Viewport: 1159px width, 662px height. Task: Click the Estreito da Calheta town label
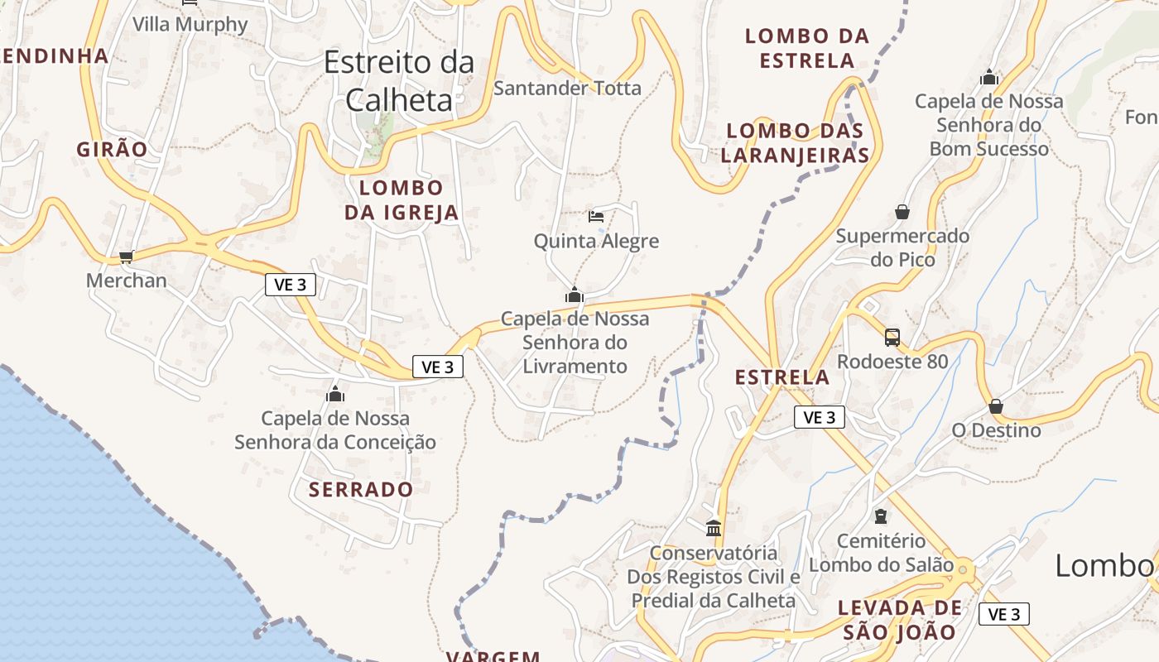coord(400,81)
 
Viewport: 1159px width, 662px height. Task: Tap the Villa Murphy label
coord(190,24)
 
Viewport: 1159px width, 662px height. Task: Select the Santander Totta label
coord(567,88)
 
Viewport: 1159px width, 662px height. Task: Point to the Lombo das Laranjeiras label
coord(795,142)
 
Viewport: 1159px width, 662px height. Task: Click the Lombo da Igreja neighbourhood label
coord(402,200)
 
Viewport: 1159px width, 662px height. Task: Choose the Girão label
coord(112,150)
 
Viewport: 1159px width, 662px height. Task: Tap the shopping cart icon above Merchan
coord(126,257)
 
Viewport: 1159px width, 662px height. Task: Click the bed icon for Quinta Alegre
coord(595,217)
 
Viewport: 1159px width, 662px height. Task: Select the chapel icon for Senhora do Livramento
coord(575,295)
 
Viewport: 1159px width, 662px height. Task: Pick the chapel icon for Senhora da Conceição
coord(335,394)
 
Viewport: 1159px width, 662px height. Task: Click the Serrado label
coord(361,489)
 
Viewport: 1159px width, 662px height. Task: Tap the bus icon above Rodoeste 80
coord(892,338)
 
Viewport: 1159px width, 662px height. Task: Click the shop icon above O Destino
coord(996,406)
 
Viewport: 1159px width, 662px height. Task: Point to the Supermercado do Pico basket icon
coord(902,212)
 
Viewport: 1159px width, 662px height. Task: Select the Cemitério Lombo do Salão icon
coord(881,516)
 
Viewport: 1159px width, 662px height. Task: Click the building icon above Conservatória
coord(714,527)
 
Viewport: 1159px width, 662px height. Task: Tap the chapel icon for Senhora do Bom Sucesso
coord(989,78)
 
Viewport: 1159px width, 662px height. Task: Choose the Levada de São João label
coord(900,620)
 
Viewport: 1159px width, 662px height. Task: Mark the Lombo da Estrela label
coord(807,48)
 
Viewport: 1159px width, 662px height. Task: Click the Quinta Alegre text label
coord(596,242)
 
